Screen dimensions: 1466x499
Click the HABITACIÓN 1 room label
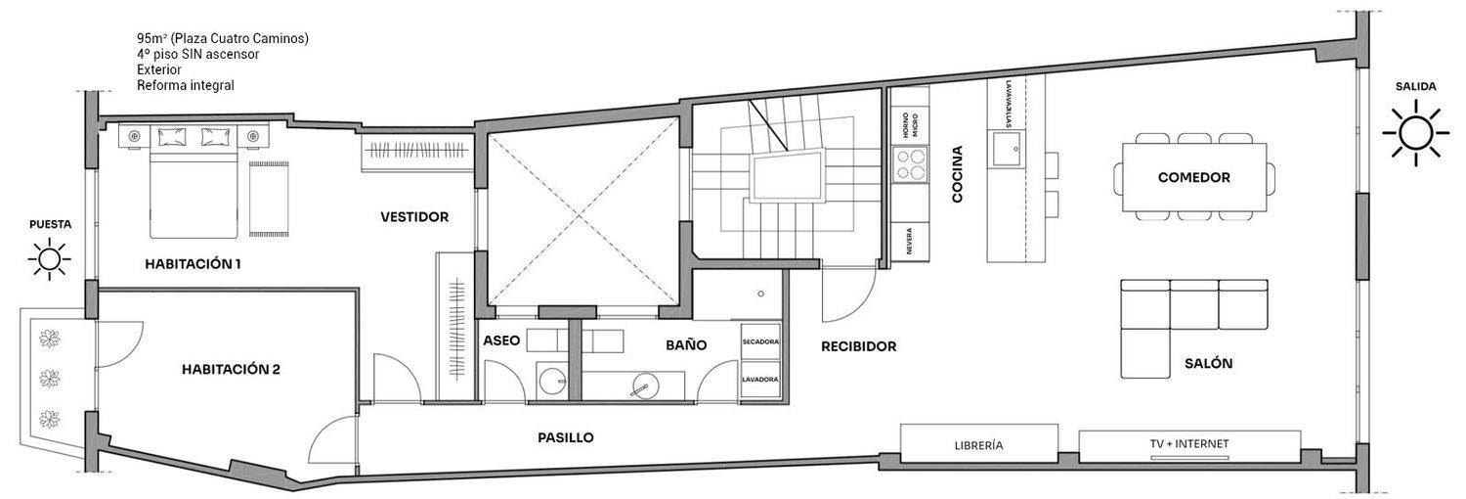[x=194, y=264]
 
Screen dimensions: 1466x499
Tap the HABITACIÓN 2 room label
[x=231, y=369]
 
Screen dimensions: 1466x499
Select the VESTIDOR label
[x=414, y=217]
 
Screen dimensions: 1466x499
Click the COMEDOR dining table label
[x=1193, y=177]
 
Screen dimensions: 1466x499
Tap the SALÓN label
[x=1208, y=363]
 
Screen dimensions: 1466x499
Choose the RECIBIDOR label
[x=859, y=346]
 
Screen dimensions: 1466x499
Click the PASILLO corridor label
[x=566, y=437]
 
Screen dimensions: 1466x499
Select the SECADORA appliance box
[x=760, y=341]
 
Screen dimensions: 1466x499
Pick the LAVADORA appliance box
[x=760, y=380]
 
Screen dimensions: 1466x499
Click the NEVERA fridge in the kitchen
[x=910, y=241]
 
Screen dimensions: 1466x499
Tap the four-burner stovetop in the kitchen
[x=910, y=163]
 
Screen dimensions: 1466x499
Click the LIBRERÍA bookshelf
[x=979, y=445]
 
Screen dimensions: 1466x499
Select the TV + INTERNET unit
[x=1189, y=445]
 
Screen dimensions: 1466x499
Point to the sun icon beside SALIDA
[x=1415, y=133]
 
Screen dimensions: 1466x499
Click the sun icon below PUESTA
[x=50, y=258]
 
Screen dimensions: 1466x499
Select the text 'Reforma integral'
[x=186, y=86]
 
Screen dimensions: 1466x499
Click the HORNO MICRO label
[x=910, y=125]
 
